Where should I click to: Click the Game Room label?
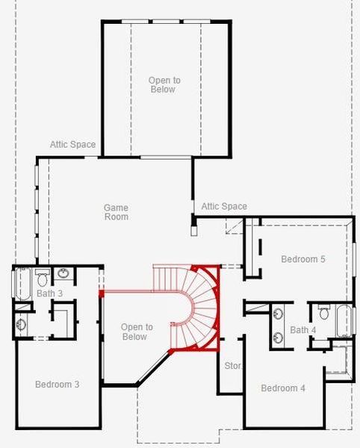pos(116,212)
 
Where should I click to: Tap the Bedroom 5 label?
pos(302,259)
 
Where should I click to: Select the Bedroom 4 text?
pos(283,388)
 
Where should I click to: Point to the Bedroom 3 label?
pos(58,384)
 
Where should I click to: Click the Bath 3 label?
pos(49,293)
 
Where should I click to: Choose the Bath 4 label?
pos(303,330)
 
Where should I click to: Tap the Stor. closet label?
pos(232,366)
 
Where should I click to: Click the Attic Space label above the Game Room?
pos(72,144)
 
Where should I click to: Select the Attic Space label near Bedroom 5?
pos(224,206)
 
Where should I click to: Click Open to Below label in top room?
pos(164,84)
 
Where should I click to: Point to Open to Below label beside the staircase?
pos(137,332)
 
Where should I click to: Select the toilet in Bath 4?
pos(324,312)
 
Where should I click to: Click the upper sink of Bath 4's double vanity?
pos(279,314)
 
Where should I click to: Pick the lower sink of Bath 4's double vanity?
pos(279,335)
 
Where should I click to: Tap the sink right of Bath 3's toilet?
pos(63,274)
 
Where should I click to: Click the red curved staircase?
pos(200,306)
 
